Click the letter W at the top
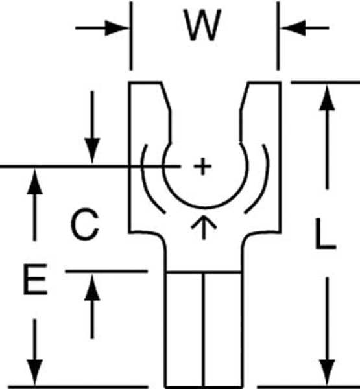click(202, 25)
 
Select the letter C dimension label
click(85, 224)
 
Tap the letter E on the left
click(35, 279)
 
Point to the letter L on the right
click(326, 233)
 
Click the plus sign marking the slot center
click(202, 166)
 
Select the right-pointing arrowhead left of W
click(116, 28)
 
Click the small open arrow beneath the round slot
click(204, 227)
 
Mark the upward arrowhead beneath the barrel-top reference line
click(92, 287)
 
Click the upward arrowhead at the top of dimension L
click(327, 97)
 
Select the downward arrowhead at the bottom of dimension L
click(327, 373)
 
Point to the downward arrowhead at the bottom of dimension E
click(35, 373)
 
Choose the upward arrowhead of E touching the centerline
click(35, 182)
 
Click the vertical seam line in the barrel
click(204, 329)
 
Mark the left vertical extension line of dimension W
click(131, 36)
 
